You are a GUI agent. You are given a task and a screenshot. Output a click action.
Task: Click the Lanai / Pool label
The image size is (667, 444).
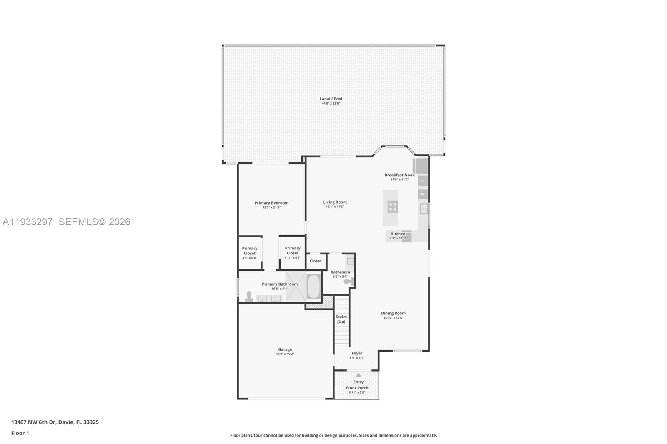[x=331, y=99]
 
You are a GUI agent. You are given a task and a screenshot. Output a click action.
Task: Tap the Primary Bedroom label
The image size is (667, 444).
[x=271, y=203]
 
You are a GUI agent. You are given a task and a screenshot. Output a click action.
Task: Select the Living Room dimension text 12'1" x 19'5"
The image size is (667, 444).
[x=335, y=207]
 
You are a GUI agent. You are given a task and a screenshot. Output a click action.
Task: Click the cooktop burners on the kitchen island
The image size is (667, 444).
[x=392, y=207]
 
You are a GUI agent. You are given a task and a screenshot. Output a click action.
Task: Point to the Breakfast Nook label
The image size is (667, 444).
[x=399, y=175]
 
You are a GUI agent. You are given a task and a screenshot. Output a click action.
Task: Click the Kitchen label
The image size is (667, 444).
[x=398, y=234]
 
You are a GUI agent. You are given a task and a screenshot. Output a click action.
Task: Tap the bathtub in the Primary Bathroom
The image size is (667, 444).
[x=313, y=286]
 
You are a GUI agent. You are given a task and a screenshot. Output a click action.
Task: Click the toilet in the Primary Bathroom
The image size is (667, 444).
[x=249, y=296]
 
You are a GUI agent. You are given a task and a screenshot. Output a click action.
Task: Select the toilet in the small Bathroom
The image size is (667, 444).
[x=348, y=282]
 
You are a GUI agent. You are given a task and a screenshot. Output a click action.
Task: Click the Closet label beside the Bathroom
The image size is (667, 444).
[x=316, y=261]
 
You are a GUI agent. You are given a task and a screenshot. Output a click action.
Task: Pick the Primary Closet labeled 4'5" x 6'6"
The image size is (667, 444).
[x=250, y=253]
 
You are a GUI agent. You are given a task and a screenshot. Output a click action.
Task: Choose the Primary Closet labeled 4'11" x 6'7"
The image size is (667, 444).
[x=293, y=253]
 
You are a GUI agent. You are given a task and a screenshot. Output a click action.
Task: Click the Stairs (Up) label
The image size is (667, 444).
[x=341, y=319]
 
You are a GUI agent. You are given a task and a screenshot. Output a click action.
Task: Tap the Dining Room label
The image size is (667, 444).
[x=393, y=313]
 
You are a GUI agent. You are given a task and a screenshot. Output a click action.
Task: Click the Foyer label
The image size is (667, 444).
[x=357, y=353]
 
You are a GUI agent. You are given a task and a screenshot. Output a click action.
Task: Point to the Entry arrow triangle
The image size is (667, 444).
[x=359, y=375]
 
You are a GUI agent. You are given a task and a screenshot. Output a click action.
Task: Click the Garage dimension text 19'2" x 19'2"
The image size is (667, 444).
[x=285, y=354]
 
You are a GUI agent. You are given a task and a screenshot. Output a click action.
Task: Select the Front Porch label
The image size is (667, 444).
[x=357, y=388]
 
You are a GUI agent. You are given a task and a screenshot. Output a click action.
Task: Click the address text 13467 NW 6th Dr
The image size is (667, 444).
[x=33, y=422]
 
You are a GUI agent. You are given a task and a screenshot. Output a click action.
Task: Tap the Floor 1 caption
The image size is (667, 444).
[x=20, y=433]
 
